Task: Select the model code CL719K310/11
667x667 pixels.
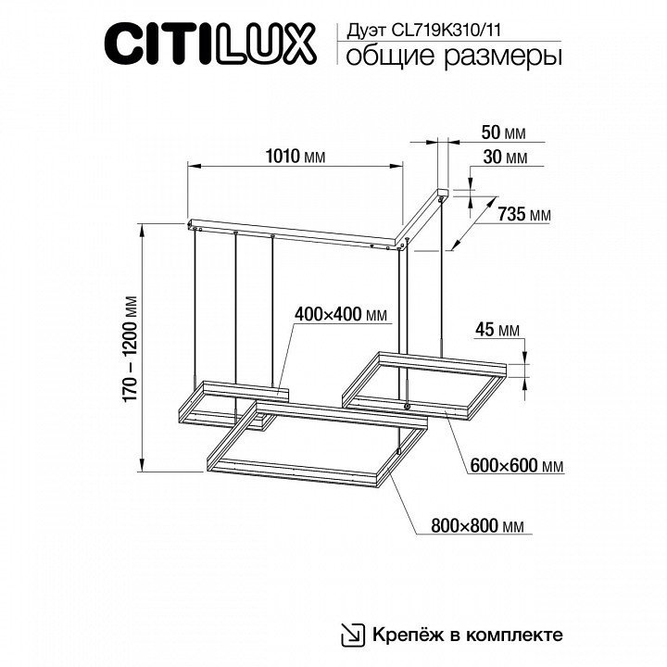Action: [x=446, y=31]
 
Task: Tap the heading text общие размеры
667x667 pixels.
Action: [x=453, y=57]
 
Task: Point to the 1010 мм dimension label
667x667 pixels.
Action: [x=296, y=157]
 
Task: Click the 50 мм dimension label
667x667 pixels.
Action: [x=503, y=132]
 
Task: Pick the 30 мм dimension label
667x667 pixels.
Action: [x=505, y=157]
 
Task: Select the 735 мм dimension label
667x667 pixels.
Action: [x=524, y=214]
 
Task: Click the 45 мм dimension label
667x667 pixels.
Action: [x=497, y=330]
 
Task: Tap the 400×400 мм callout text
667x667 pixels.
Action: [x=341, y=315]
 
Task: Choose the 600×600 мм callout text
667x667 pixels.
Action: [x=517, y=466]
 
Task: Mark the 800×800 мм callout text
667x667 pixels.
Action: [x=477, y=526]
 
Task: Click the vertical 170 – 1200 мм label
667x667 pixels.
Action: [x=131, y=348]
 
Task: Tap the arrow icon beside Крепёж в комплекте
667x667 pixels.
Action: [x=353, y=636]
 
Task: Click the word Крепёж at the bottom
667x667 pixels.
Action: [x=407, y=635]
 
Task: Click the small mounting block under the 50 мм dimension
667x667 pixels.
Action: [x=443, y=192]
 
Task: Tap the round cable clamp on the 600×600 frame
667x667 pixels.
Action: [x=408, y=407]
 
